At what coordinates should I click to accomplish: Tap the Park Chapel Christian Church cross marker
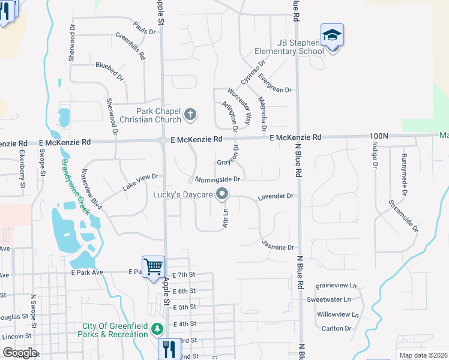(190, 115)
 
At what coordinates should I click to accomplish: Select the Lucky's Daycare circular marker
(223, 194)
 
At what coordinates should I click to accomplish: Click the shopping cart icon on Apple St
(153, 266)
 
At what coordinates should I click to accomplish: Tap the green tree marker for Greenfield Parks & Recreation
(157, 329)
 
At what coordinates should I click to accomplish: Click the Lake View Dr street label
(140, 182)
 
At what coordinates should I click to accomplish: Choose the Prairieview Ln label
(337, 286)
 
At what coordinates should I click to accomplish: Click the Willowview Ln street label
(337, 314)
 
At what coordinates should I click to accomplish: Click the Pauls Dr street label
(140, 28)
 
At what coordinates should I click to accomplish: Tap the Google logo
(20, 352)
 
